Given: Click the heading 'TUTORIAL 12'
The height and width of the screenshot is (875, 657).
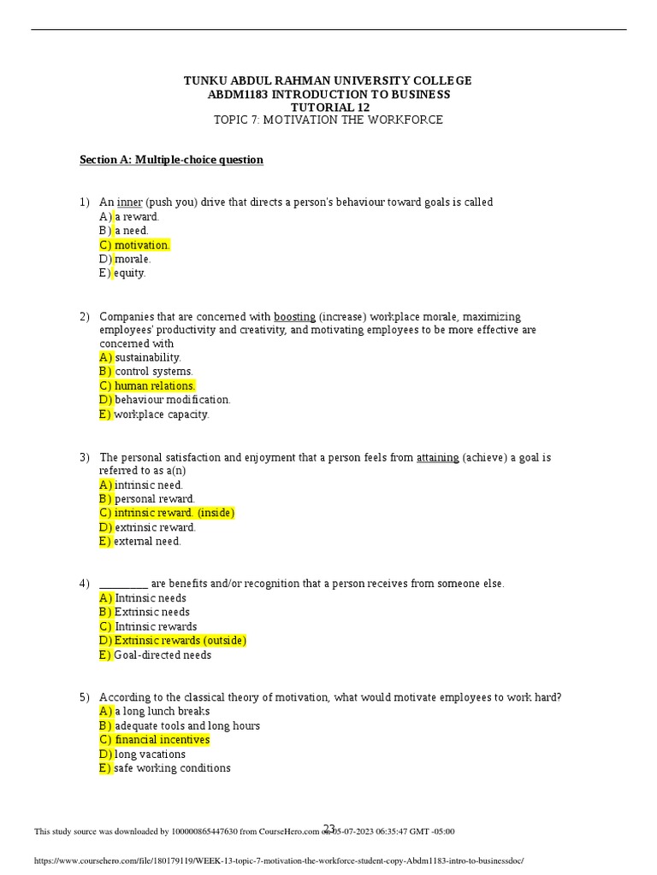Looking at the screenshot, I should pyautogui.click(x=328, y=107).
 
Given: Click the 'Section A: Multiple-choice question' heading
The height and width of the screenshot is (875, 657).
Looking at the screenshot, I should pyautogui.click(x=171, y=160).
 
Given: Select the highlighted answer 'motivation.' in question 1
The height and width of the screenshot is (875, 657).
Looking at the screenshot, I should pyautogui.click(x=142, y=245).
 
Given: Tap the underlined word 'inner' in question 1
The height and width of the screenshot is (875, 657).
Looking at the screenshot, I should pyautogui.click(x=129, y=203).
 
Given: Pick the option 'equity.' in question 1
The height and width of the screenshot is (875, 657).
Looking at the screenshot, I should pyautogui.click(x=130, y=273).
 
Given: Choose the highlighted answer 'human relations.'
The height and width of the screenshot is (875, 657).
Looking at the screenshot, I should pyautogui.click(x=155, y=385).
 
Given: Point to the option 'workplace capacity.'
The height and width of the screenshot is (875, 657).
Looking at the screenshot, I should pyautogui.click(x=162, y=414).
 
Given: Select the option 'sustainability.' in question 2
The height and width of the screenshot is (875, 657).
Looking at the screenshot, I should pyautogui.click(x=148, y=357).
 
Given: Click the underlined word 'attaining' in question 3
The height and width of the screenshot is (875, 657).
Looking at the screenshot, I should pyautogui.click(x=437, y=457).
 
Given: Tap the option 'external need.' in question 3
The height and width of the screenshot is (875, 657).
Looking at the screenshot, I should pyautogui.click(x=148, y=541).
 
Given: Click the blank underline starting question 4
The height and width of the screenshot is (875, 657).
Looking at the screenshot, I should pyautogui.click(x=124, y=584).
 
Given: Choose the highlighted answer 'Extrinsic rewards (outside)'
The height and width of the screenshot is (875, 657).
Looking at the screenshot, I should pyautogui.click(x=180, y=641).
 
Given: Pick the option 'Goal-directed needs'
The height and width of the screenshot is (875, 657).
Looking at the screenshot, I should pyautogui.click(x=163, y=655).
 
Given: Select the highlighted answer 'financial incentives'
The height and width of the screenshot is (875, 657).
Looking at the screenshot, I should pyautogui.click(x=162, y=740).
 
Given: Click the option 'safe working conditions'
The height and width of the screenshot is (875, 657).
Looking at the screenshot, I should pyautogui.click(x=172, y=768).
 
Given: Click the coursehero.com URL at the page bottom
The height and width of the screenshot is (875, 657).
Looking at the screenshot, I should pyautogui.click(x=278, y=861).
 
